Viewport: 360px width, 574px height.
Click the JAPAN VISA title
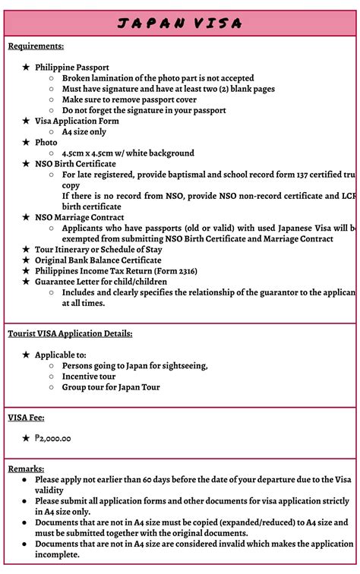click(x=180, y=24)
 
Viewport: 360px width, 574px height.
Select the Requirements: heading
click(x=36, y=46)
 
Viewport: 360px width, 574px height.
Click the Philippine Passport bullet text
click(x=72, y=68)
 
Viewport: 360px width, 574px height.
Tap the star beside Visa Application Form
click(x=26, y=121)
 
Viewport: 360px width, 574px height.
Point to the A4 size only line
click(x=84, y=131)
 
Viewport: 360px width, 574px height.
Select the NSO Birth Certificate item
click(x=75, y=163)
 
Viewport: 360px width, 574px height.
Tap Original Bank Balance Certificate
click(x=98, y=260)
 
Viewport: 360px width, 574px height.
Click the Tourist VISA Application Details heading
click(x=70, y=333)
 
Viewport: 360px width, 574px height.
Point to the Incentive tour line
click(x=89, y=376)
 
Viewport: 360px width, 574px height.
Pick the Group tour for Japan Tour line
click(x=111, y=386)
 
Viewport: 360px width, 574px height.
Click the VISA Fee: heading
click(x=26, y=417)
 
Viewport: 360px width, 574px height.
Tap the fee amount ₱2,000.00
click(x=52, y=438)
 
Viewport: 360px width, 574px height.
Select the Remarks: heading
click(x=26, y=468)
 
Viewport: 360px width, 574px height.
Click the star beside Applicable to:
click(x=26, y=355)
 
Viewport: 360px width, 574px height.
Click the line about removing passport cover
click(x=129, y=99)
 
